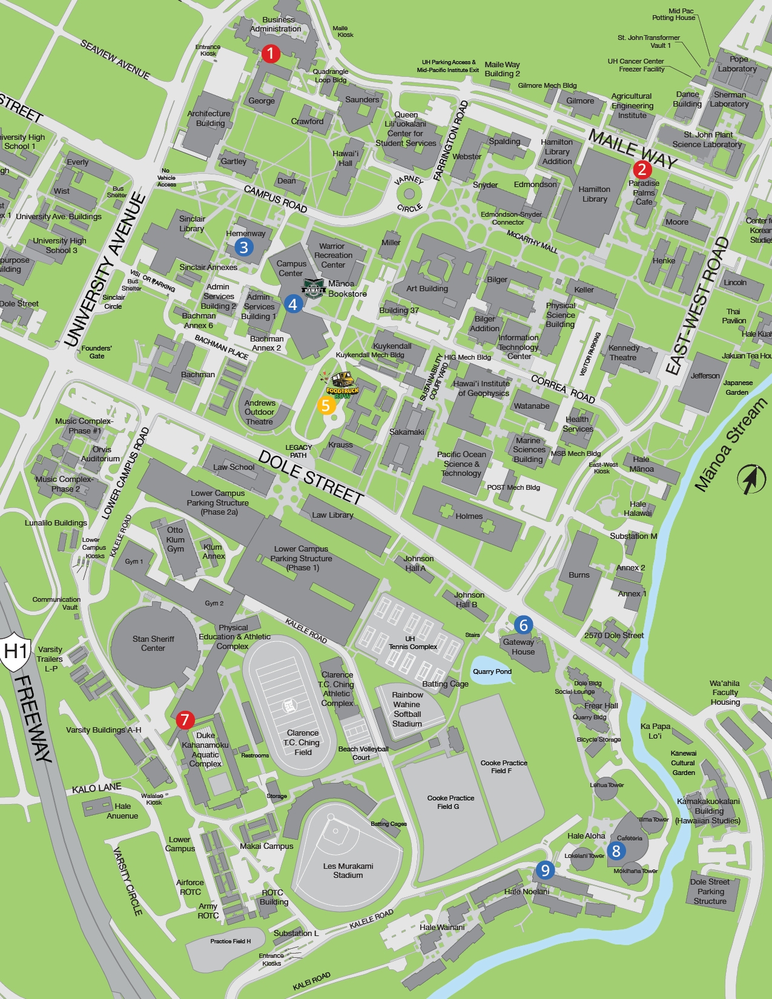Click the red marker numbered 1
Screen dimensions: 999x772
click(271, 53)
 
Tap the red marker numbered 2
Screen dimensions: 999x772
click(642, 170)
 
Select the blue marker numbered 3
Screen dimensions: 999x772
click(243, 247)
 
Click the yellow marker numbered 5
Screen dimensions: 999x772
click(326, 405)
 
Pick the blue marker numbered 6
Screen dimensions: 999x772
click(524, 625)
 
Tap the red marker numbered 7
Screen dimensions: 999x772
click(185, 720)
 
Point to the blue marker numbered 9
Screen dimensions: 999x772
click(545, 870)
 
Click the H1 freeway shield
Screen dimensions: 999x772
click(16, 653)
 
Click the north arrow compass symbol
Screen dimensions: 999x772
click(751, 479)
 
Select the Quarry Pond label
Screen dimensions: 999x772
click(492, 671)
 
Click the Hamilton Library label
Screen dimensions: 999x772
click(595, 194)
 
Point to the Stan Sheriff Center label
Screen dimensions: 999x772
click(153, 643)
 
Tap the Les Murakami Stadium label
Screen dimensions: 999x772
click(348, 871)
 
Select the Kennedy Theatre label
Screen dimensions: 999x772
click(624, 352)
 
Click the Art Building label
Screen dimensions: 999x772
click(427, 288)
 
